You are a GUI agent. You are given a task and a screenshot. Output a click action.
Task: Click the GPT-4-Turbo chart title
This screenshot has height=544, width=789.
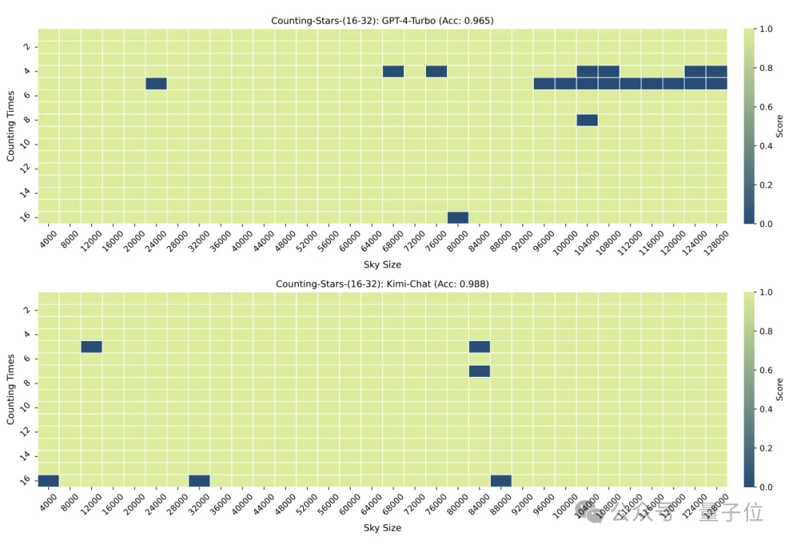click(382, 20)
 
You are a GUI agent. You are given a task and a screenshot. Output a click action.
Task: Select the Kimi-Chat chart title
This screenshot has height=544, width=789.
click(382, 283)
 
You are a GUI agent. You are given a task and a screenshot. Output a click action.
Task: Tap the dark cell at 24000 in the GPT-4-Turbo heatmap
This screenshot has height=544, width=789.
click(156, 83)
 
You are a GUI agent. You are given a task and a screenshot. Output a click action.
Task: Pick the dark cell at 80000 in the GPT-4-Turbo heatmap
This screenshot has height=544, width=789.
click(458, 218)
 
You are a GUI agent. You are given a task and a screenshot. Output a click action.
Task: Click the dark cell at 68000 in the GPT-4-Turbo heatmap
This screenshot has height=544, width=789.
click(393, 71)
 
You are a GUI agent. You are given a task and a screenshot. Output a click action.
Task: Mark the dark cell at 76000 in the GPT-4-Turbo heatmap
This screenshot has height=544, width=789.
click(436, 71)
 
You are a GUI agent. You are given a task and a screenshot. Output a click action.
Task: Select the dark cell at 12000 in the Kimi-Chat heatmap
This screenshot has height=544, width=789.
click(91, 346)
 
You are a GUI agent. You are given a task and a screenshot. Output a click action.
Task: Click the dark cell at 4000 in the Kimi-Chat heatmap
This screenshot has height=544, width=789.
click(48, 480)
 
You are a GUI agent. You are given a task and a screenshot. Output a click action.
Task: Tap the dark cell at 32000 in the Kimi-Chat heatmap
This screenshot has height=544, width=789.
click(199, 480)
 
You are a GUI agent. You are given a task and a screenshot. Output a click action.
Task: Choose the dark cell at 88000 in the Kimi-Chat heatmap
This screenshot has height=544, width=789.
click(501, 480)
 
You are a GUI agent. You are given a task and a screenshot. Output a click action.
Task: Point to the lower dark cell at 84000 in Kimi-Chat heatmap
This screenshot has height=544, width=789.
click(479, 371)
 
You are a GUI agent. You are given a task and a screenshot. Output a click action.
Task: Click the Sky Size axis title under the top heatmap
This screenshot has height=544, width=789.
click(382, 264)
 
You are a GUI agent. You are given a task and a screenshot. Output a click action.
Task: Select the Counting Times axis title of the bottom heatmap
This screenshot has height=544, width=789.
click(11, 388)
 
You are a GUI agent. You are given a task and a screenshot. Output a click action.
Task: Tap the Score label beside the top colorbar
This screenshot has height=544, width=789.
click(780, 126)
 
